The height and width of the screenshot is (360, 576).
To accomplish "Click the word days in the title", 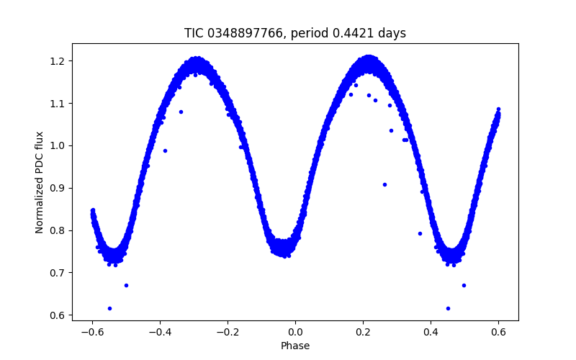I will click(x=390, y=33).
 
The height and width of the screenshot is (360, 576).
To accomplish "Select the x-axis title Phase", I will click(x=295, y=346).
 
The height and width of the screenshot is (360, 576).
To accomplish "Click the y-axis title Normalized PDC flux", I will click(x=40, y=182).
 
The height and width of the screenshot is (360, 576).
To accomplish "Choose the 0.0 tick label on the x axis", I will click(x=295, y=332).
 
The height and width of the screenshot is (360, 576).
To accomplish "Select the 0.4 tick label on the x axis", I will click(x=431, y=332).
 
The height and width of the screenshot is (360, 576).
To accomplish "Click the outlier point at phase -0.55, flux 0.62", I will click(x=109, y=308).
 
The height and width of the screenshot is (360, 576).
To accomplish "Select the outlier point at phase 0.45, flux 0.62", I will click(x=448, y=308).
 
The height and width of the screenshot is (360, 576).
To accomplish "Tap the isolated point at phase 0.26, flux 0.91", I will click(x=384, y=184).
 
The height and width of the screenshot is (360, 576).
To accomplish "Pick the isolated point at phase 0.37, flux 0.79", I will click(x=420, y=233).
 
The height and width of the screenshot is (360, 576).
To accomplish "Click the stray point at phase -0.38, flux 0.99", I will click(x=165, y=150).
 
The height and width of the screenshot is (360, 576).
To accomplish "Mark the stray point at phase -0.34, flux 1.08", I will click(x=181, y=112).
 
